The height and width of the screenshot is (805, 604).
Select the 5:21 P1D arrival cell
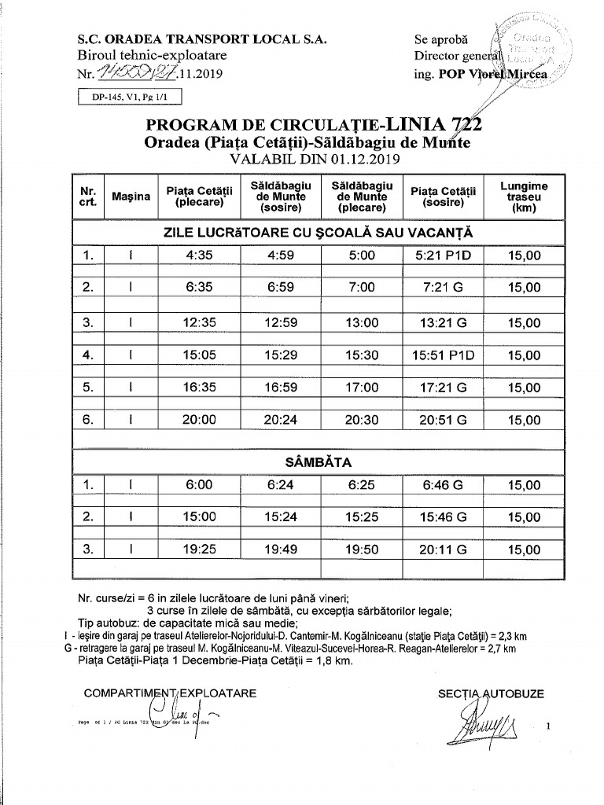[444, 255]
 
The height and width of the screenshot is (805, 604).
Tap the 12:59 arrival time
[280, 322]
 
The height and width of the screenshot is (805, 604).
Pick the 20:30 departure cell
[362, 420]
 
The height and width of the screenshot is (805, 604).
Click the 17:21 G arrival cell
[444, 388]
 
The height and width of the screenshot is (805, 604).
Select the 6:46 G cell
[444, 485]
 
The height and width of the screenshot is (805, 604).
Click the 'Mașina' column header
[131, 196]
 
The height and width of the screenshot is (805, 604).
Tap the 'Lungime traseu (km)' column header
[524, 197]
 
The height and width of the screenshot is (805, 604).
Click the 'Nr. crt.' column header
[88, 196]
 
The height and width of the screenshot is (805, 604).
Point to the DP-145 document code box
[130, 97]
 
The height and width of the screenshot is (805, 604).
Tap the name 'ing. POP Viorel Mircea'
[483, 73]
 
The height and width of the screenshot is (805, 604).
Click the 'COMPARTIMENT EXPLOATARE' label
[170, 693]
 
